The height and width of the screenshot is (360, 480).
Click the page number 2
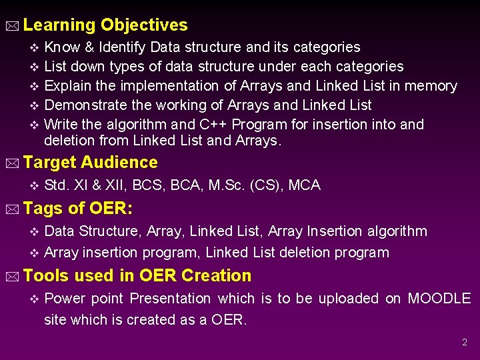pyautogui.click(x=465, y=342)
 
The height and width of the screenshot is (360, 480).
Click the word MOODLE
pyautogui.click(x=439, y=299)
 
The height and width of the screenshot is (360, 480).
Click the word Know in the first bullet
pyautogui.click(x=61, y=47)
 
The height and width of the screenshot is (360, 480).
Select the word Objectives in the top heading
pyautogui.click(x=144, y=25)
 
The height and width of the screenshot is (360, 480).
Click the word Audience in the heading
pyautogui.click(x=119, y=163)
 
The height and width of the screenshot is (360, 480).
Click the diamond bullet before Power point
pyautogui.click(x=35, y=299)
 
